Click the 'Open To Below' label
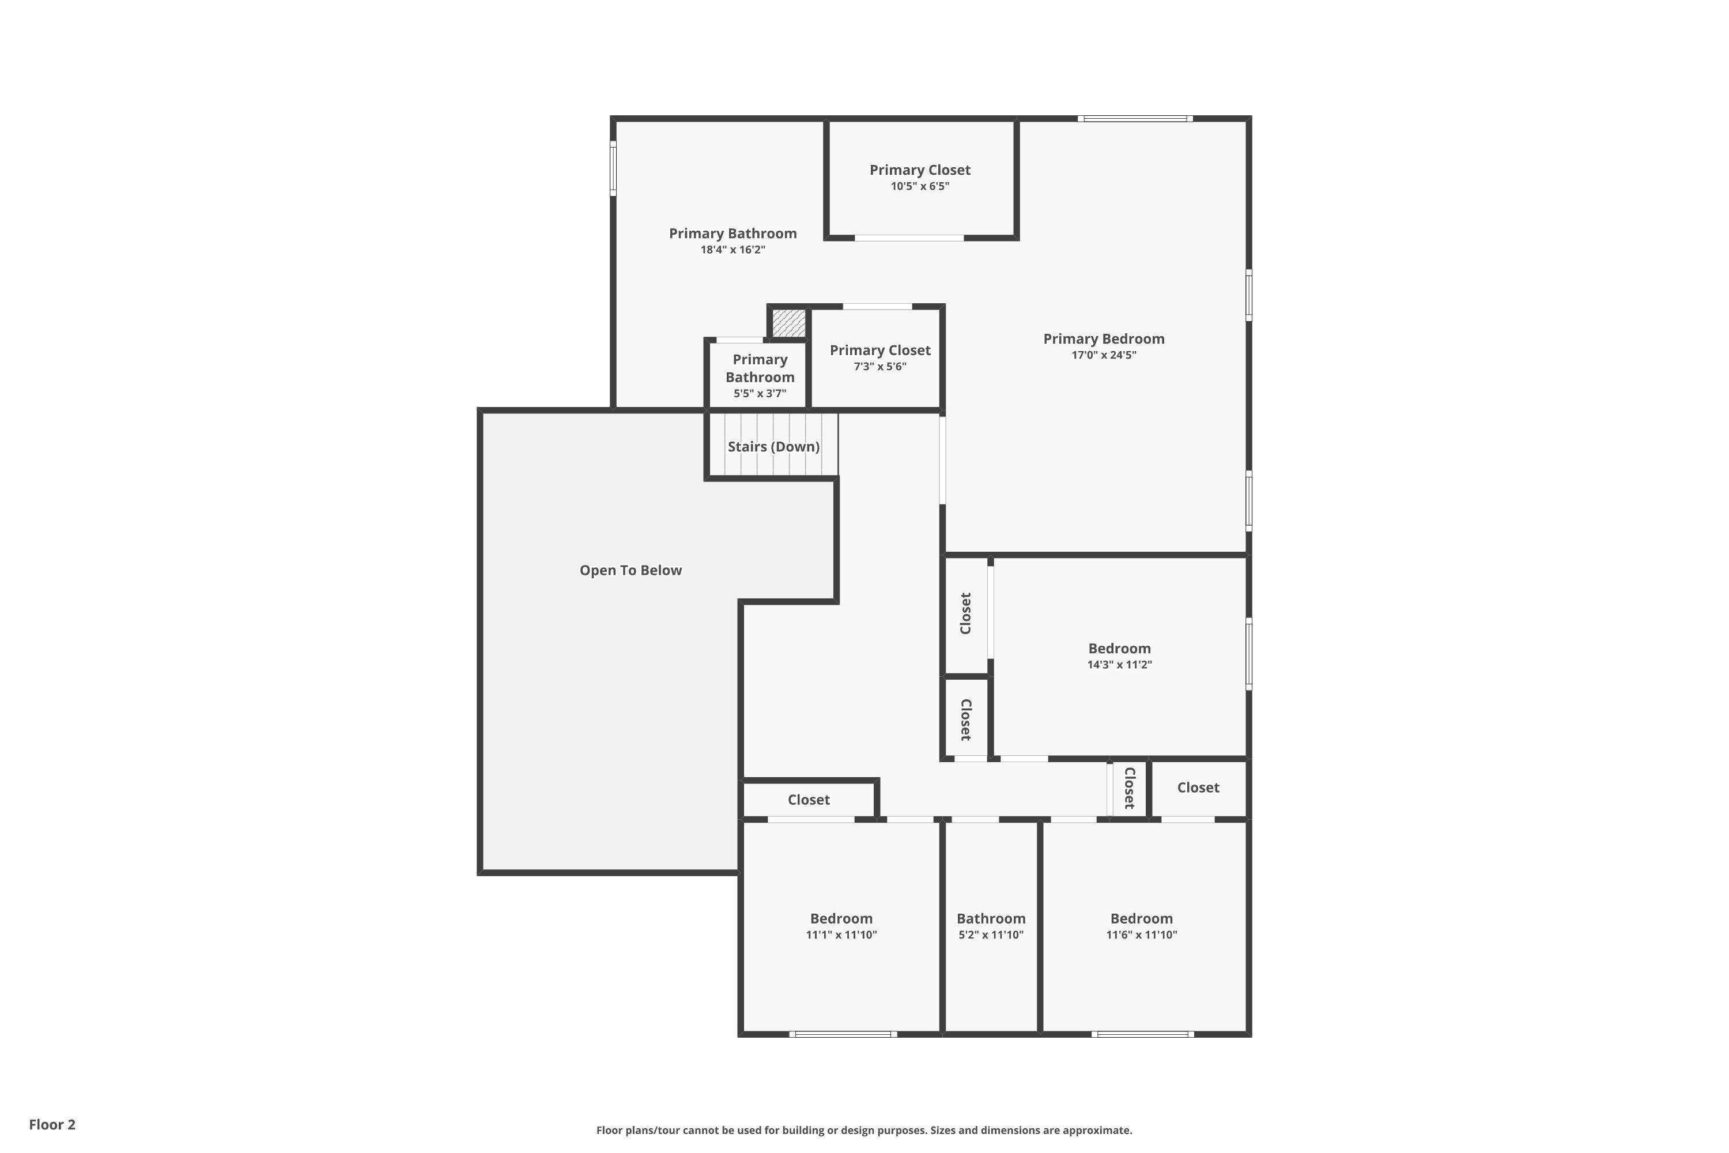click(630, 571)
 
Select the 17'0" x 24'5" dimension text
click(1104, 355)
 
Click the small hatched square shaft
click(788, 323)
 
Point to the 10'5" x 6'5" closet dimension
click(920, 187)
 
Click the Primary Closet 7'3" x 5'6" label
click(880, 351)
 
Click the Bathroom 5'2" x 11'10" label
click(990, 919)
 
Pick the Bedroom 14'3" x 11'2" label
click(1119, 649)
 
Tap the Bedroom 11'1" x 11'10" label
click(841, 919)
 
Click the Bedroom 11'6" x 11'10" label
click(1141, 919)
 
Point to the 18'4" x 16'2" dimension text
click(732, 250)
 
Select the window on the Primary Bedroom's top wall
click(1134, 118)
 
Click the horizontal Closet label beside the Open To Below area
click(809, 800)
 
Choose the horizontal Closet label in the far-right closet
click(1198, 787)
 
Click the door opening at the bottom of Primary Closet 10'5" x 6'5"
click(909, 238)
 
